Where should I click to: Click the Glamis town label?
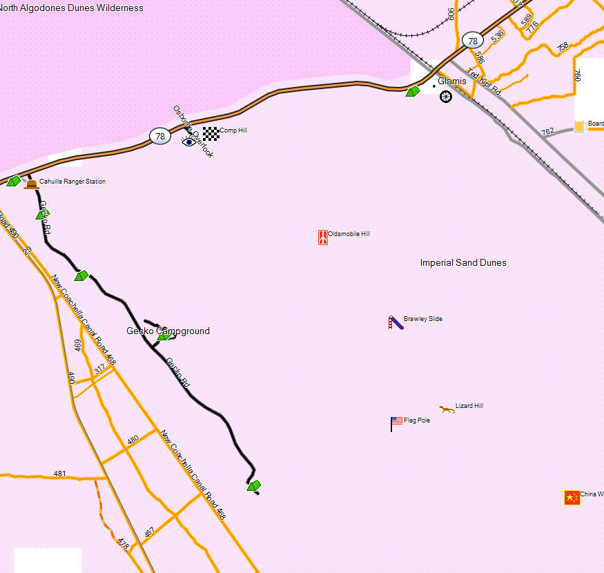click(x=452, y=81)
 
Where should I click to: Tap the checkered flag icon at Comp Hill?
click(x=211, y=133)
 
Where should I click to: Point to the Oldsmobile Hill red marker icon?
click(x=322, y=237)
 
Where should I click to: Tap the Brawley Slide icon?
click(x=395, y=322)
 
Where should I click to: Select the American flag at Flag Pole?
click(x=397, y=422)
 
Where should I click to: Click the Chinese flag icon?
click(x=572, y=497)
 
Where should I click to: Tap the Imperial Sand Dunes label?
click(x=463, y=263)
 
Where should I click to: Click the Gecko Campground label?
click(x=168, y=331)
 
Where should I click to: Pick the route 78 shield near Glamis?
click(x=472, y=41)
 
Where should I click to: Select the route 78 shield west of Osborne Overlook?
click(x=160, y=136)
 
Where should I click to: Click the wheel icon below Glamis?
click(x=446, y=97)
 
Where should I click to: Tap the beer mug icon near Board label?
click(x=580, y=126)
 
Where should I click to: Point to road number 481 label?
click(x=60, y=474)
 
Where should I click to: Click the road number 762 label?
click(x=547, y=131)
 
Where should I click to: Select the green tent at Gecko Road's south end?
click(x=254, y=486)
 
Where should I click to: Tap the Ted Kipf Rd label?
click(x=483, y=81)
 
